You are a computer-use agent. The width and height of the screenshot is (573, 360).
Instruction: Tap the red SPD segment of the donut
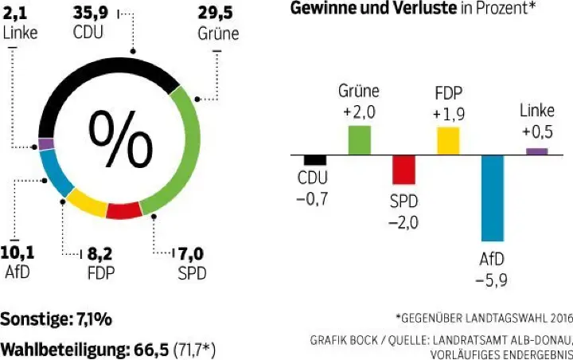coord(124,210)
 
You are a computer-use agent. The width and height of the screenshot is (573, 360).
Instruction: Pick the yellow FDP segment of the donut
coord(86,202)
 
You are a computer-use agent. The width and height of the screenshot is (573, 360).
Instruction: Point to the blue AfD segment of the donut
coord(54,172)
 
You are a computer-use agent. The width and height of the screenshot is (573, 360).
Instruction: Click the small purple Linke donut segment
coord(46,144)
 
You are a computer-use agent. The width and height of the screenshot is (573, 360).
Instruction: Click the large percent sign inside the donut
coord(120,135)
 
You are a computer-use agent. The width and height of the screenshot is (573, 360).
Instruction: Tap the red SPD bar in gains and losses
coord(403,170)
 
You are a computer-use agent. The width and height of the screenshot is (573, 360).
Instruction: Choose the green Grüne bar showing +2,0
coord(360,139)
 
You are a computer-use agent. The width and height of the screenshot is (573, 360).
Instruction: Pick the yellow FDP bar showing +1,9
coord(448,140)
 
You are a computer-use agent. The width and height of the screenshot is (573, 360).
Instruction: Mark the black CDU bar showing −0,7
coord(314,159)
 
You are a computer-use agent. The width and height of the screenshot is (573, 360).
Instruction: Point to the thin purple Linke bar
coord(536,151)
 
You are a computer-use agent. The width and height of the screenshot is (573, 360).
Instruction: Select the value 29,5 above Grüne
coord(217,14)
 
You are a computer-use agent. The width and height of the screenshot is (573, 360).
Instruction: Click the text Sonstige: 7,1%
coord(56,319)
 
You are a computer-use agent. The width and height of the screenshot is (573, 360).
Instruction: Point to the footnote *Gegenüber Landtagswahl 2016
coord(483,318)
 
